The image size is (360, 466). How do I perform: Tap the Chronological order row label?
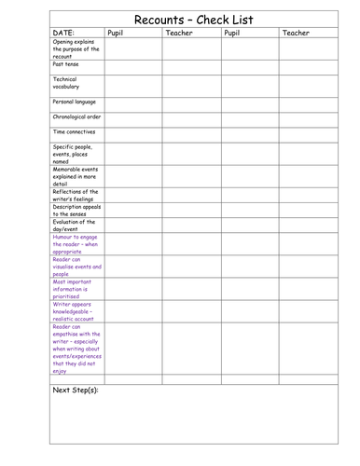pyautogui.click(x=76, y=117)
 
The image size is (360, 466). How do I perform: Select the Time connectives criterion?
pyautogui.click(x=75, y=132)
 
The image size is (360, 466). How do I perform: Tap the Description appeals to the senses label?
pyautogui.click(x=76, y=211)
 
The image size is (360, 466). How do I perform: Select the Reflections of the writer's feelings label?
pyautogui.click(x=76, y=195)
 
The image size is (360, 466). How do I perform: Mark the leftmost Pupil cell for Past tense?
pyautogui.click(x=132, y=67)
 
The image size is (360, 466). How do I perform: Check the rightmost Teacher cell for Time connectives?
pyautogui.click(x=308, y=134)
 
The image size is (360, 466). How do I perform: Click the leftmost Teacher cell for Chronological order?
pyautogui.click(x=190, y=119)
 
